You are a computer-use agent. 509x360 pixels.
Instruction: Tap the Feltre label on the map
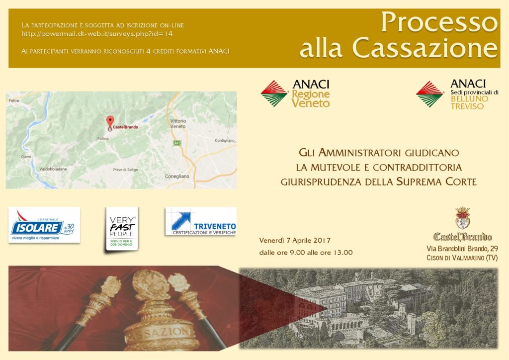14,100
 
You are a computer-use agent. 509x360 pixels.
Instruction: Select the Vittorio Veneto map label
178,124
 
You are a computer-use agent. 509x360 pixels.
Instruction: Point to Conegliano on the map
177,176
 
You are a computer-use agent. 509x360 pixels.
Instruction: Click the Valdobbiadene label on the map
53,169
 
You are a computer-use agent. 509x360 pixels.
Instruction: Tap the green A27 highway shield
177,143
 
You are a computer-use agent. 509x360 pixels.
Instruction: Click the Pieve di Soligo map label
125,170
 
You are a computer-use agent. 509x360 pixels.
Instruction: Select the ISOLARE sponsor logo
44,225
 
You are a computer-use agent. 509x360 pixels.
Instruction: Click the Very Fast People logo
122,229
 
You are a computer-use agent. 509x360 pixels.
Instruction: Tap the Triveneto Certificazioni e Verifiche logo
201,221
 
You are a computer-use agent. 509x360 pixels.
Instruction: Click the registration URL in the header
97,34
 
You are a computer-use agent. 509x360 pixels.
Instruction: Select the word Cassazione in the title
424,48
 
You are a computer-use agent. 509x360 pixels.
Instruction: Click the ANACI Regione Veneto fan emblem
274,93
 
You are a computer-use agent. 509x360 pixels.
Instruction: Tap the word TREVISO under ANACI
467,106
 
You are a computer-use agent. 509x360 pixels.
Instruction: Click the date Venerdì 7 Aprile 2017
295,241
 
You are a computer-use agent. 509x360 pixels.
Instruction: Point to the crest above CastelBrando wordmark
463,218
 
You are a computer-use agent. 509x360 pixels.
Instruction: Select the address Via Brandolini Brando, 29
462,249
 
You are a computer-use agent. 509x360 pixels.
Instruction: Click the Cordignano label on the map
225,141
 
